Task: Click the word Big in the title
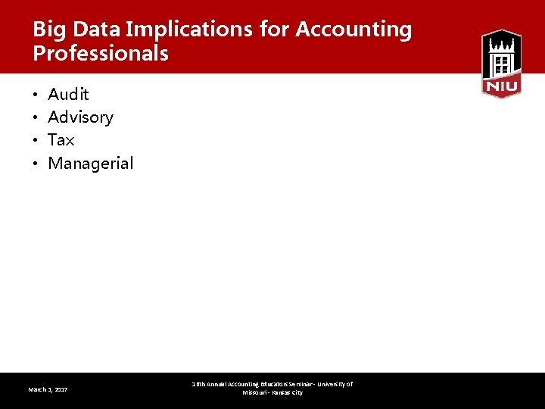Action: (x=47, y=30)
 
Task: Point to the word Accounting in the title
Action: (x=353, y=30)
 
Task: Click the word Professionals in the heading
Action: (x=101, y=55)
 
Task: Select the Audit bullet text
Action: (x=68, y=95)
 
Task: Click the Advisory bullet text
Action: (x=80, y=117)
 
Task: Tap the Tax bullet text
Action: (x=61, y=140)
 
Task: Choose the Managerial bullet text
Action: (x=90, y=163)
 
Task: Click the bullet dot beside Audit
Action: (x=36, y=95)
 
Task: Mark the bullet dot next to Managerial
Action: (x=36, y=164)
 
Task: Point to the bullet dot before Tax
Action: (x=36, y=141)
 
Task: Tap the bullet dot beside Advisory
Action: (x=36, y=118)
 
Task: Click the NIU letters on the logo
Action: (x=501, y=87)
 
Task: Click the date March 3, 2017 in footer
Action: (x=48, y=389)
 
